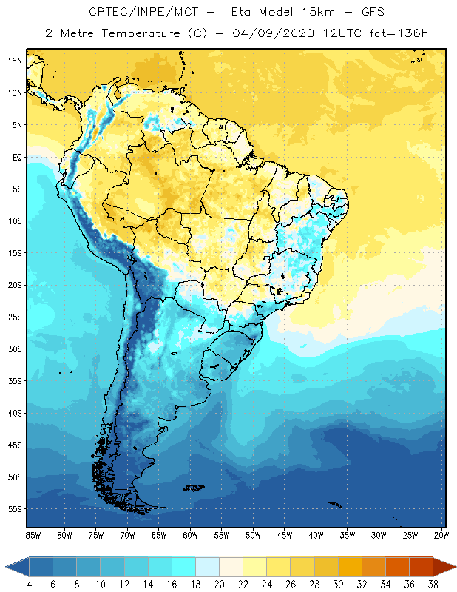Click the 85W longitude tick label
[33, 535]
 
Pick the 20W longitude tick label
[441, 535]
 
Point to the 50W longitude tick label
[253, 535]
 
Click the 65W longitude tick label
[158, 535]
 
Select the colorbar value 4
[29, 584]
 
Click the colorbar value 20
[219, 584]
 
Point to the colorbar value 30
[338, 584]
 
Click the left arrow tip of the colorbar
[7, 566]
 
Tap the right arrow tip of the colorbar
[455, 566]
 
